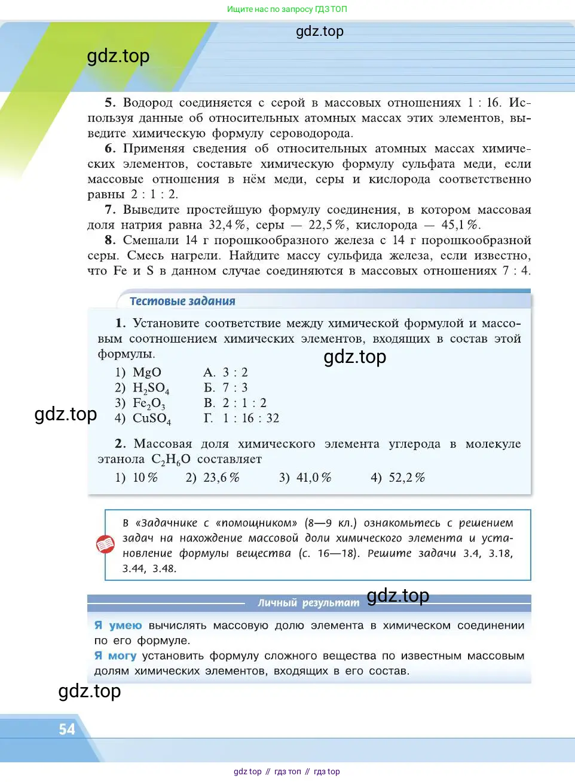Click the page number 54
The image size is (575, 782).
click(x=67, y=729)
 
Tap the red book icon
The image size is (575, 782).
click(x=105, y=544)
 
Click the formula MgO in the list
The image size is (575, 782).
click(x=146, y=372)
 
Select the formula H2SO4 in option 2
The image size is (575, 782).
click(x=151, y=389)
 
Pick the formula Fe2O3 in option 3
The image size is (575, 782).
click(x=149, y=404)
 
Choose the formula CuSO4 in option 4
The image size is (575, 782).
click(x=151, y=419)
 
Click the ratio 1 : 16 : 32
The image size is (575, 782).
click(x=251, y=418)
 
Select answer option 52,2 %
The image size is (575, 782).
click(x=406, y=478)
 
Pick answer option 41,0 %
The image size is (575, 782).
click(x=313, y=478)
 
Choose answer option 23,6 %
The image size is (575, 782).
click(x=221, y=478)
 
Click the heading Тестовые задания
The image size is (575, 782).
click(x=182, y=301)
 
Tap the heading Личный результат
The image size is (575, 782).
click(x=308, y=603)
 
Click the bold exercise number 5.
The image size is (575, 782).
click(x=109, y=103)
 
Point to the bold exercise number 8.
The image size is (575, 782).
click(x=109, y=240)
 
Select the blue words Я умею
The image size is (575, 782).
click(x=118, y=626)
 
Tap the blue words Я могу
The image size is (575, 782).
click(x=115, y=655)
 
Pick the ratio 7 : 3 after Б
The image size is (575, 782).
click(x=235, y=388)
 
